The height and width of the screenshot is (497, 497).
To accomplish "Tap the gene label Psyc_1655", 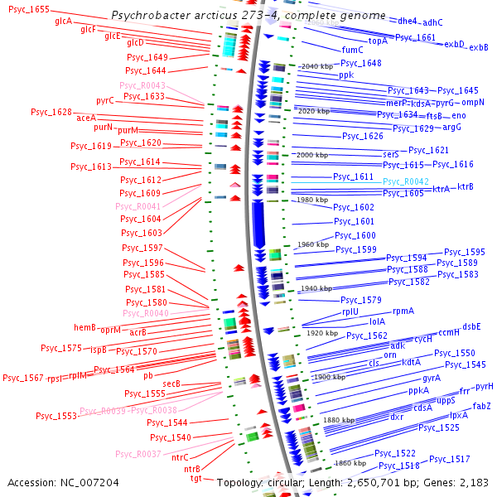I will [x=29, y=8].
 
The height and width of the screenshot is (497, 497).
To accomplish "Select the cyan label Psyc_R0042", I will [x=405, y=182].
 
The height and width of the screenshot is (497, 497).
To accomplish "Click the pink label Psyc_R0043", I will [x=142, y=85].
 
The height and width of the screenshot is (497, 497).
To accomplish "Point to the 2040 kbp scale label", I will [x=316, y=66].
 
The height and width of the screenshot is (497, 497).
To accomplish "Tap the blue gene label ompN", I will [x=472, y=103].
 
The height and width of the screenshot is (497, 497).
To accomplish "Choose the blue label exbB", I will [x=478, y=48].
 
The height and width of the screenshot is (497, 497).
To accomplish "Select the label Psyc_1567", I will [x=23, y=378].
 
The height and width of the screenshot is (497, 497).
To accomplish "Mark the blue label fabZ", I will [x=481, y=406].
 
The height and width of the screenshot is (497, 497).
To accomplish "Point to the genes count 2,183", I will [x=472, y=482].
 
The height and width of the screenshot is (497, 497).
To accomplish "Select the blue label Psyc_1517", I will [x=450, y=459].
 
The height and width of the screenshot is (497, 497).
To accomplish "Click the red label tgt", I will [x=195, y=478].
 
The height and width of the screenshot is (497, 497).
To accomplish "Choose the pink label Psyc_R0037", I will [x=138, y=453].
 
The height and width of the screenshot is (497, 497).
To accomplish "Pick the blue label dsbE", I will [x=471, y=326].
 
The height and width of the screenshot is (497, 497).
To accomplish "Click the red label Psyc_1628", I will [x=51, y=112].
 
